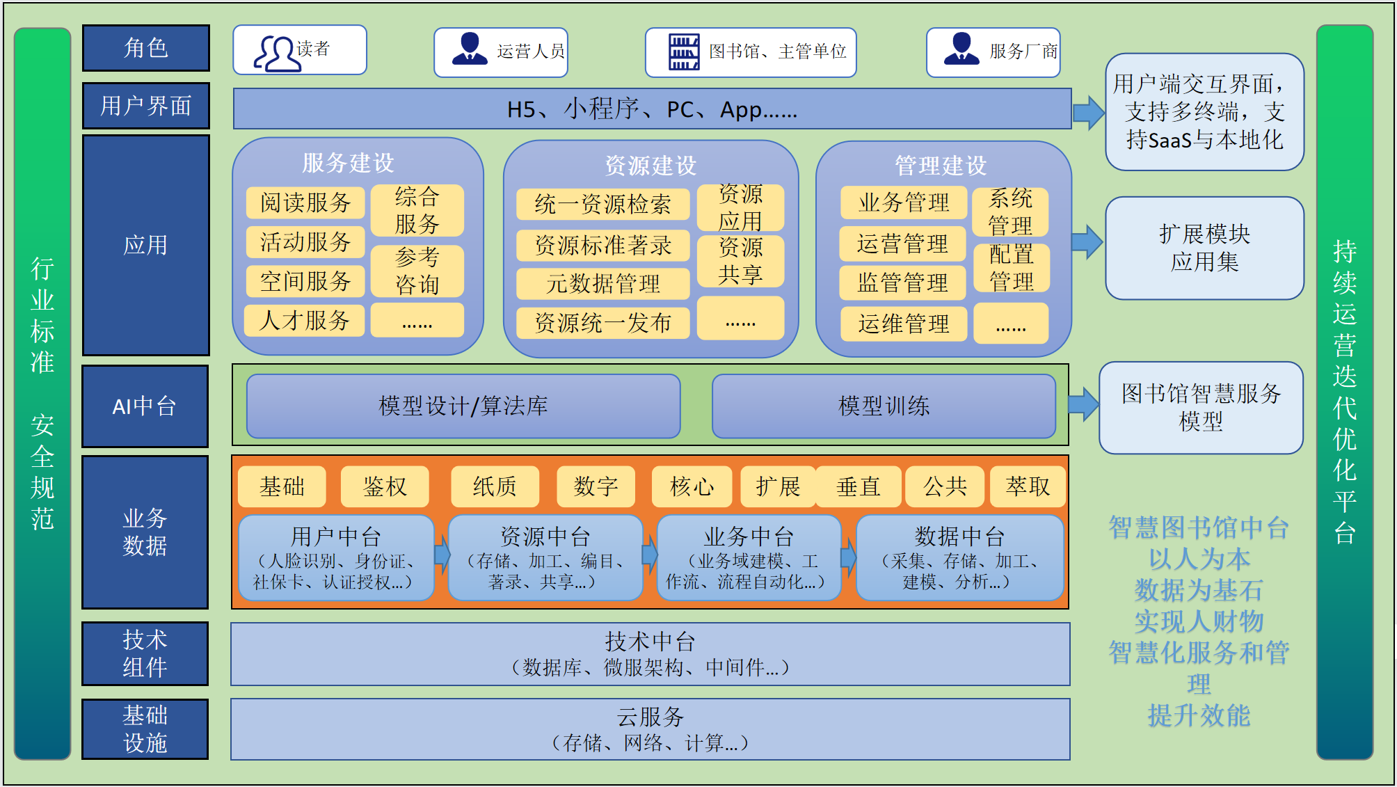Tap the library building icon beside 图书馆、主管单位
(683, 52)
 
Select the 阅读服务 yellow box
(305, 202)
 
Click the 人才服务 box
(304, 321)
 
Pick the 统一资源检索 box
(602, 204)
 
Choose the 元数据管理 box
(602, 283)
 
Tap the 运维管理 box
(903, 324)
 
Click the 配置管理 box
(1011, 268)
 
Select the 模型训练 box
(884, 406)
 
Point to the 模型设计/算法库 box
(463, 406)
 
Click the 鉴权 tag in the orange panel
(385, 486)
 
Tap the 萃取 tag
(1028, 486)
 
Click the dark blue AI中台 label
(145, 406)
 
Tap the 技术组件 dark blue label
(145, 653)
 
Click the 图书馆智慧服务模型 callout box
(1201, 408)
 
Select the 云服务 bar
(650, 729)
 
